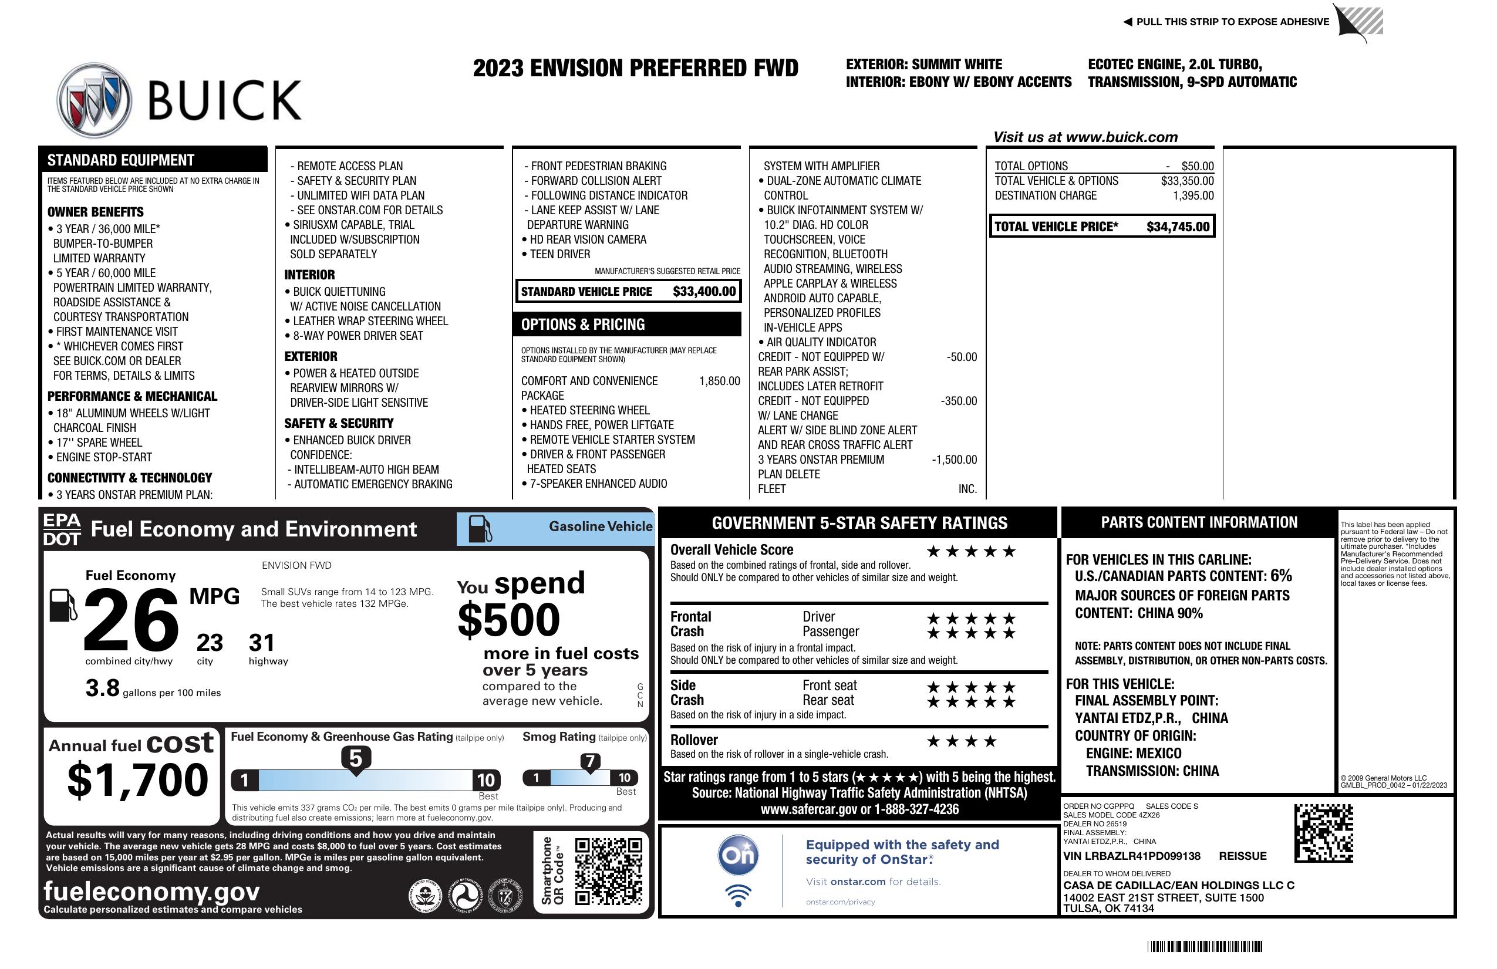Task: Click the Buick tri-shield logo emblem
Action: tap(95, 100)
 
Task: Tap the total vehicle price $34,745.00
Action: tap(1178, 227)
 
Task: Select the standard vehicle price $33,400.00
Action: tap(704, 291)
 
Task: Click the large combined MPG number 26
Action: tap(131, 620)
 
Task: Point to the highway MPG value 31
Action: tap(262, 643)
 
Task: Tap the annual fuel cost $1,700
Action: tap(137, 780)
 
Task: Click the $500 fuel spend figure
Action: tap(508, 620)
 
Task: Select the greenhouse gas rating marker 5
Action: tap(355, 759)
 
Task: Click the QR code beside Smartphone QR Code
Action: tap(608, 870)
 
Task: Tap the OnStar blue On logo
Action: tap(739, 855)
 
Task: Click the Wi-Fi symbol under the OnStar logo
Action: tap(739, 896)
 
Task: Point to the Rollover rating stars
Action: tap(961, 741)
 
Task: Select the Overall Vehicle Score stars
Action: tap(971, 552)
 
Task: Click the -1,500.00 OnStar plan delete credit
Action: tap(954, 460)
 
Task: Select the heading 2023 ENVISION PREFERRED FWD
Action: tap(635, 68)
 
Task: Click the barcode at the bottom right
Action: tap(1204, 946)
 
